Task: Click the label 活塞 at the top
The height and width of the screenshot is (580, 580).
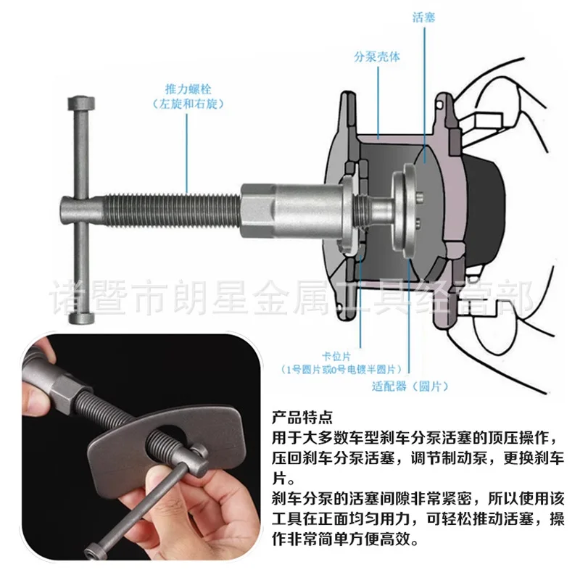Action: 423,17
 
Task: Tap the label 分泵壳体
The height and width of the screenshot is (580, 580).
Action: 377,57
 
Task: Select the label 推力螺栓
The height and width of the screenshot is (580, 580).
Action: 188,89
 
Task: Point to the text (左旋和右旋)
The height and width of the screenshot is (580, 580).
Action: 188,104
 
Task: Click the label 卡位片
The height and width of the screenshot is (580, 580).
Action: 336,356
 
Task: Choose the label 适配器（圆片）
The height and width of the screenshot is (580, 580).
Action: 410,386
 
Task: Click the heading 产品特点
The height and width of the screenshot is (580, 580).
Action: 302,418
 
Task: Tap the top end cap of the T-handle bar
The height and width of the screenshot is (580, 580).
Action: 81,103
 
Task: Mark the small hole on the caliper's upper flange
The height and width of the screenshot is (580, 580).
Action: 439,105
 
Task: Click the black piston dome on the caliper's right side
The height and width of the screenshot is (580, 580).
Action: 485,210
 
